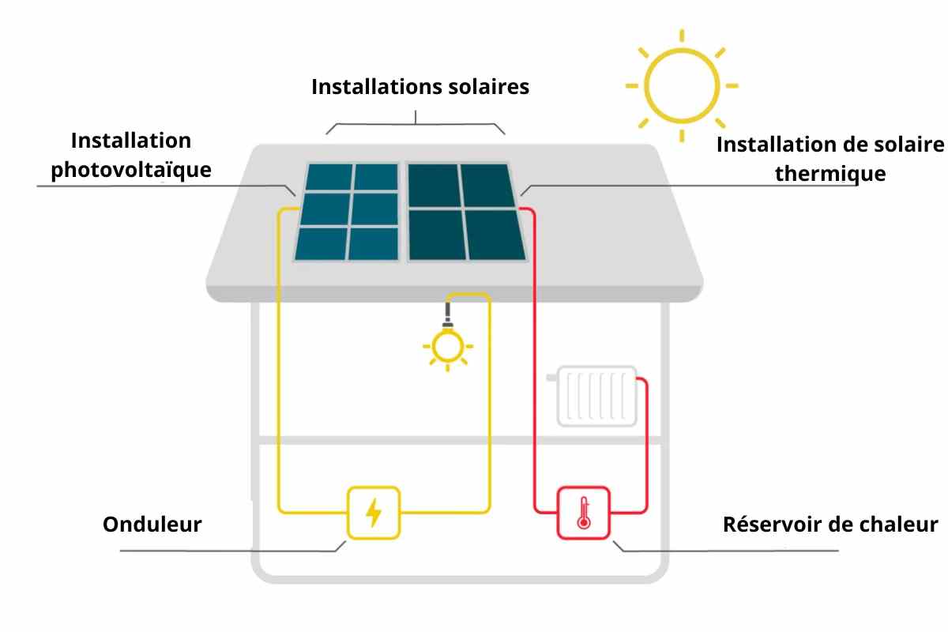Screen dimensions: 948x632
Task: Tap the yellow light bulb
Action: coord(448,346)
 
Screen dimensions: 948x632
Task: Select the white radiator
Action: coord(596,397)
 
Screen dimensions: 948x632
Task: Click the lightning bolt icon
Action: coord(373,513)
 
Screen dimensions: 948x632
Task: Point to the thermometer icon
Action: coord(584,513)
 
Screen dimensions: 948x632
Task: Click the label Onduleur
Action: coord(152,524)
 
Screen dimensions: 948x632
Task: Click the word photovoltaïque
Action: coord(131,170)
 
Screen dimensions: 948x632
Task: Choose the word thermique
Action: coord(830,174)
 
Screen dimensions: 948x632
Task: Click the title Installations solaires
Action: coord(420,87)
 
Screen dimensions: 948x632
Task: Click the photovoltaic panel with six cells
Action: coord(347,212)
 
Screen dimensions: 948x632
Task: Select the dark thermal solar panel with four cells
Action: coord(467,212)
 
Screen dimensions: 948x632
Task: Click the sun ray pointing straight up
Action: coord(682,36)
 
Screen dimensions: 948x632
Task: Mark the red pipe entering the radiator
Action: coord(646,445)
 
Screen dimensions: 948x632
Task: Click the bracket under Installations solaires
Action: coord(416,124)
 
